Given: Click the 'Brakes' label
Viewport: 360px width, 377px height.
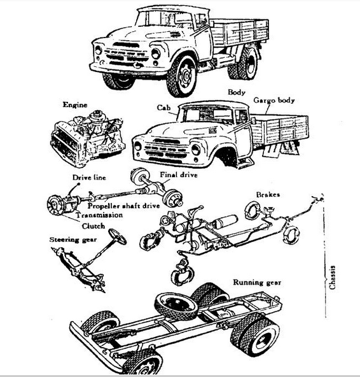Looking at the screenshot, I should pos(268,194).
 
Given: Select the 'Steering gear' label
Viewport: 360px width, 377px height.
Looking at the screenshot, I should pos(73,239).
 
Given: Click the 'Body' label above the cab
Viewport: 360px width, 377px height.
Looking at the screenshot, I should pos(237,92).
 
